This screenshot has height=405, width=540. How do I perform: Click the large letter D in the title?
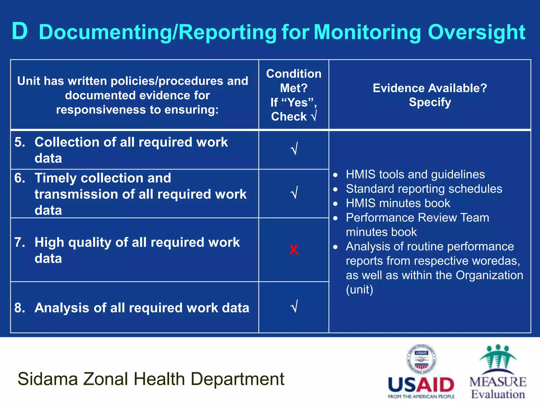[20, 31]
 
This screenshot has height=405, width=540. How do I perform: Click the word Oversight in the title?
[477, 32]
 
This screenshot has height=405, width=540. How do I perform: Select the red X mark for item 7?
[293, 250]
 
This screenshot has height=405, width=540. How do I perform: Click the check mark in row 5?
[294, 149]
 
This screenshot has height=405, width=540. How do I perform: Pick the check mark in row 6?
[294, 193]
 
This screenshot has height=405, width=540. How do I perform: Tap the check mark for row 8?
[294, 306]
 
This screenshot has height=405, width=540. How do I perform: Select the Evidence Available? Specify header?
[430, 95]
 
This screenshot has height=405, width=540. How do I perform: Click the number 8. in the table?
[20, 308]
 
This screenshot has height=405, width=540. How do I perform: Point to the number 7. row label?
[20, 242]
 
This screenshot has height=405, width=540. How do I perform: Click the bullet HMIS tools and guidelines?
[415, 175]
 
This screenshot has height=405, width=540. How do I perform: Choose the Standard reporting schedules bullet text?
[424, 189]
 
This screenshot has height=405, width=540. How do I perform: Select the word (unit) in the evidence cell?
[359, 290]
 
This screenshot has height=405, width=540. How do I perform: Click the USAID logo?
[421, 372]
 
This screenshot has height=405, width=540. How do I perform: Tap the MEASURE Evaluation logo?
[498, 372]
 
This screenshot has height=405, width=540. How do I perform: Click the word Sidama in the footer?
[47, 379]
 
